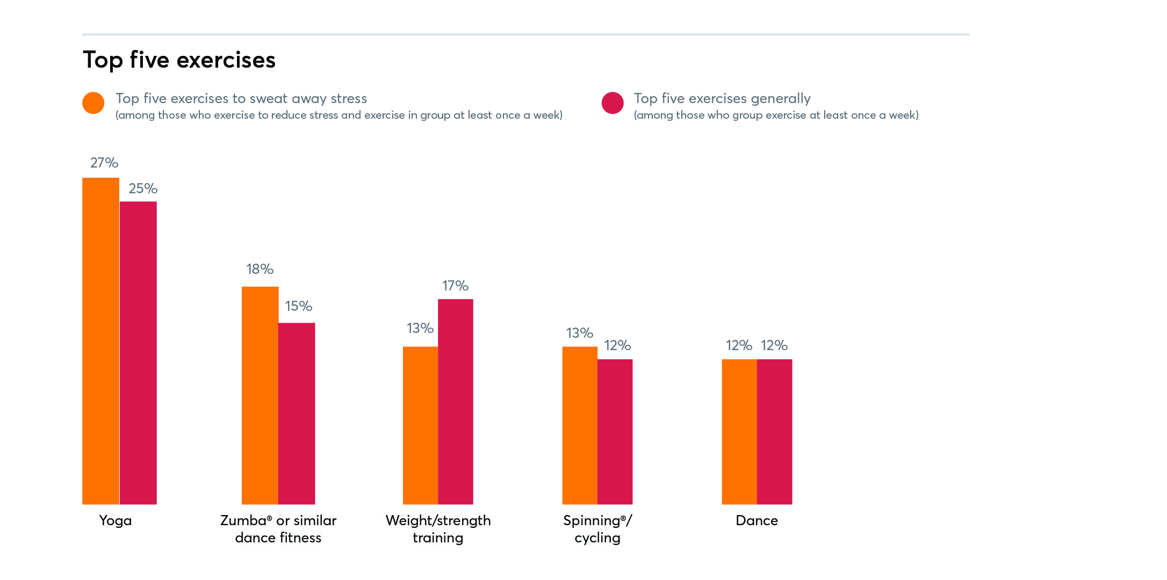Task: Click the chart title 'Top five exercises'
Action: click(x=179, y=60)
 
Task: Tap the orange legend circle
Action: click(x=93, y=103)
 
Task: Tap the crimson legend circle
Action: click(x=613, y=103)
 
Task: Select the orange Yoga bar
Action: click(x=100, y=341)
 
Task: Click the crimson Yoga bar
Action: click(x=138, y=353)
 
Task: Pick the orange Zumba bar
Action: click(x=260, y=395)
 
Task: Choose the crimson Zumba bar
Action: click(x=297, y=414)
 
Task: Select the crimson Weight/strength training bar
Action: click(x=456, y=402)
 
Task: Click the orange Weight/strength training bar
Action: click(x=420, y=425)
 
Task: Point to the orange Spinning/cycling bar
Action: click(x=580, y=425)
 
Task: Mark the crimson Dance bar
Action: click(x=774, y=432)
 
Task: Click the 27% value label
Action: click(x=104, y=163)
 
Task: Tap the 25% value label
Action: click(x=143, y=189)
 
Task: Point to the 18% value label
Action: click(x=260, y=269)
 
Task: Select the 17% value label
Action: click(x=455, y=286)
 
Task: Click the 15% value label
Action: click(x=298, y=306)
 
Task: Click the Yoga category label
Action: click(x=116, y=520)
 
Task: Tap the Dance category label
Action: click(x=757, y=520)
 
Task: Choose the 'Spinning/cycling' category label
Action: click(x=597, y=529)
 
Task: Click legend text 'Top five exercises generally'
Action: click(x=722, y=99)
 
